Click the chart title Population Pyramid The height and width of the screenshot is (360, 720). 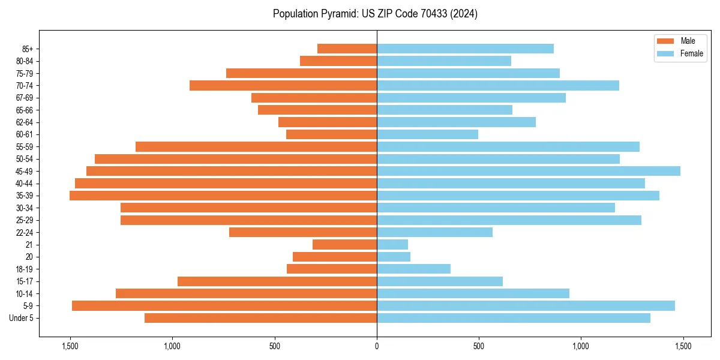pos(375,14)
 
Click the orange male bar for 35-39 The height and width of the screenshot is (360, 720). pos(223,196)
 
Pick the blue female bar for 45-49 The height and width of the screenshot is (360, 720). pos(528,171)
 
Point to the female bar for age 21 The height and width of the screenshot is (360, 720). pos(392,244)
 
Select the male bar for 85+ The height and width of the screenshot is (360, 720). pos(347,49)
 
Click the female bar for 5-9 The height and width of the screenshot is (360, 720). pos(526,305)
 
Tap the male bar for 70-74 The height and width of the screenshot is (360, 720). pos(283,85)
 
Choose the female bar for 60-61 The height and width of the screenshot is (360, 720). pos(427,134)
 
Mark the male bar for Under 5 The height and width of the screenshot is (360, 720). pos(260,318)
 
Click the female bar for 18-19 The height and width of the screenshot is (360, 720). pos(413,269)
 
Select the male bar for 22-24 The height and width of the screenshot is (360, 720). pos(303,232)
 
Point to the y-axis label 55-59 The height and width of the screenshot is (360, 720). pos(25,146)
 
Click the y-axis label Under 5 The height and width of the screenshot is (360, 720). pos(22,318)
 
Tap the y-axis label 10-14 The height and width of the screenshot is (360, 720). pos(25,293)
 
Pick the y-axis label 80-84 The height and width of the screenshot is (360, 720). pos(25,61)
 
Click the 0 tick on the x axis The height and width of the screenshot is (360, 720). pos(377,346)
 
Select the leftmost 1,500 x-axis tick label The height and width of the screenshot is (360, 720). pos(70,346)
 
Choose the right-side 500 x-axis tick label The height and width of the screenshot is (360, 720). pos(479,346)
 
